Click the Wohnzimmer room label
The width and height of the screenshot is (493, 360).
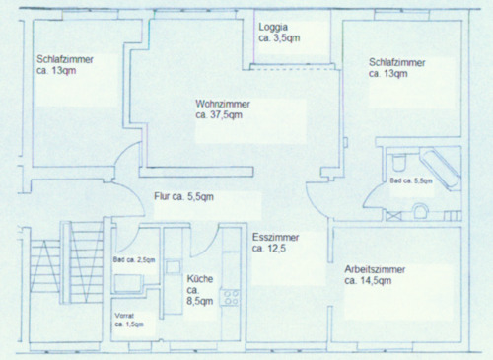coord(223,104)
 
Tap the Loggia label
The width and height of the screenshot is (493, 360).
coord(273,27)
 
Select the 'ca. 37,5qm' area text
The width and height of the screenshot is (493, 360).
coord(219,115)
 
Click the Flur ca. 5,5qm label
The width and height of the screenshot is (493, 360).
coord(183,196)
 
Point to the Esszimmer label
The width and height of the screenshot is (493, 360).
coord(275,237)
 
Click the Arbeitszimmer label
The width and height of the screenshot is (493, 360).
coord(375,269)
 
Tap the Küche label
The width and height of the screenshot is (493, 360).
coord(200,279)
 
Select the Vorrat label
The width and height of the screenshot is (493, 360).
coord(124,316)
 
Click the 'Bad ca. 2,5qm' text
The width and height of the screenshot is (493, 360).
coord(134,260)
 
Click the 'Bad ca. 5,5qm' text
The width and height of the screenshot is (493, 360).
coord(411,180)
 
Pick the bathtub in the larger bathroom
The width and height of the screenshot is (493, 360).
coord(441,170)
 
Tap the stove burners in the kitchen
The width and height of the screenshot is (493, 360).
coord(231,298)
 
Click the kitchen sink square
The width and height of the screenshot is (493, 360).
coord(173,267)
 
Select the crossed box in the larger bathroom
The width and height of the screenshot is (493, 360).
coord(393,216)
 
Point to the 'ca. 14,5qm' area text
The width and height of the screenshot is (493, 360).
coord(368,281)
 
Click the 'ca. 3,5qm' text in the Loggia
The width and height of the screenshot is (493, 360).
coord(279,38)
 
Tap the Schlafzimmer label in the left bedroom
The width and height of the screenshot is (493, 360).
coord(65,59)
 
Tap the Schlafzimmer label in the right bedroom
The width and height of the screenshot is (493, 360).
coord(397,62)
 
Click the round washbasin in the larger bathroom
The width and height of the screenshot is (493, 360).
coord(421,211)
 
